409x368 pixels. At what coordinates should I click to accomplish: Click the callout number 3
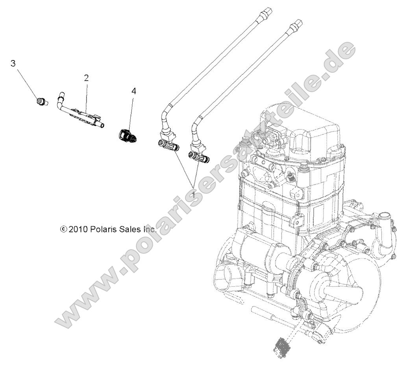[x=13, y=63]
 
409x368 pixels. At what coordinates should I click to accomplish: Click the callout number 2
[x=86, y=78]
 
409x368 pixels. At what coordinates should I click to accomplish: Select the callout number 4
[x=134, y=91]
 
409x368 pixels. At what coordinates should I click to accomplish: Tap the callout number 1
[x=194, y=194]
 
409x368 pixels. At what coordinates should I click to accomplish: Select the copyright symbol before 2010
[x=64, y=229]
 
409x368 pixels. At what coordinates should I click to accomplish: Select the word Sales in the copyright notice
[x=131, y=229]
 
